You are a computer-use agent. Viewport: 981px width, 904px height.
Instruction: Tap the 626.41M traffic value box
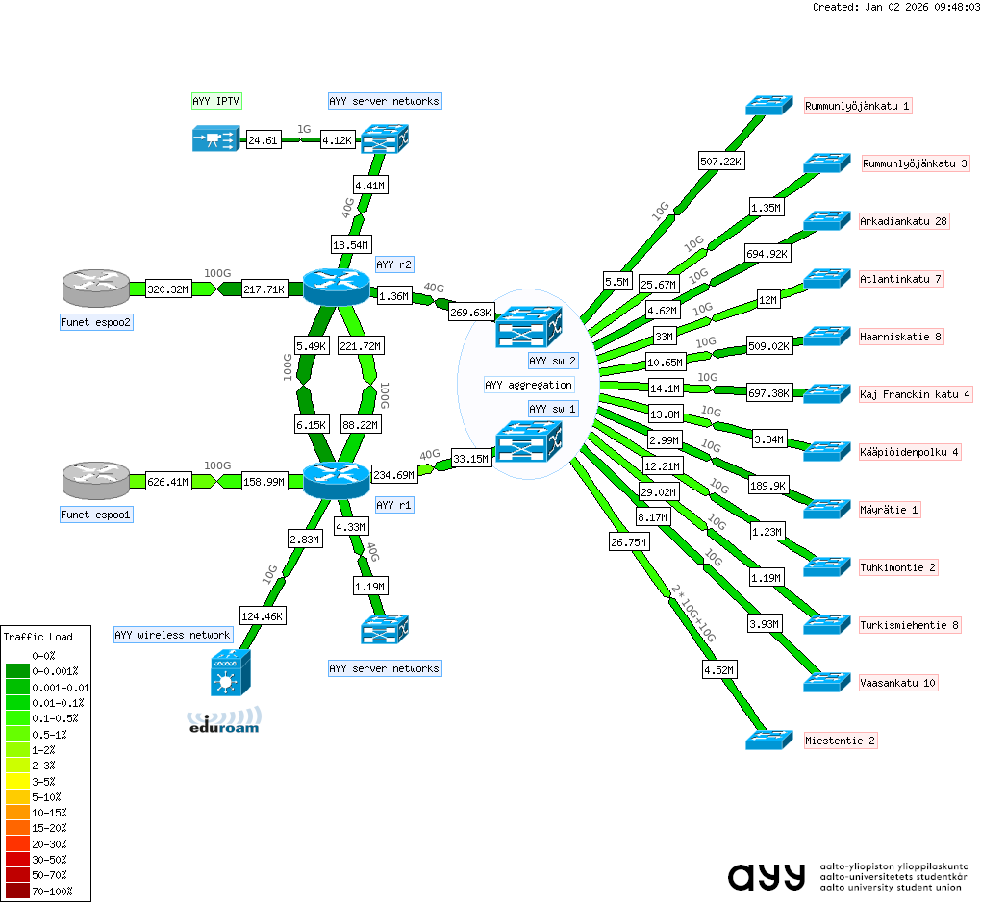168,481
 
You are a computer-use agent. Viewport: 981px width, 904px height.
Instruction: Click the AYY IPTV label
215,101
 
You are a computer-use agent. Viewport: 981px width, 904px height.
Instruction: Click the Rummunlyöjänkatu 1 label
858,106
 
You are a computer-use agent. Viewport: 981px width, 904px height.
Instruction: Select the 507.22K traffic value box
720,162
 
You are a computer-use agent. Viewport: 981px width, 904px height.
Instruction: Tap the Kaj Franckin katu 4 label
915,394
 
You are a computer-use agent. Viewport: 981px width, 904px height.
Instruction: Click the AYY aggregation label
528,385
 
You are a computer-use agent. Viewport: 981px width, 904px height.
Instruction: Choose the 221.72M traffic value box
362,346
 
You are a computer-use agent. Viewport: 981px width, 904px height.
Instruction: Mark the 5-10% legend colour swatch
19,797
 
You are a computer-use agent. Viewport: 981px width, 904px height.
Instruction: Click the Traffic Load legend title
38,637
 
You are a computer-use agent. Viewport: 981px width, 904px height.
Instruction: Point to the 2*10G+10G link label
692,615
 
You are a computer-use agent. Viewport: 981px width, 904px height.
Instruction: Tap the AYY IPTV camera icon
214,140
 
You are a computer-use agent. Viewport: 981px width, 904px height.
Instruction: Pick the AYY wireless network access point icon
227,672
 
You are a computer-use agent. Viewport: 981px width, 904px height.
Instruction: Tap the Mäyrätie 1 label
890,510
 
